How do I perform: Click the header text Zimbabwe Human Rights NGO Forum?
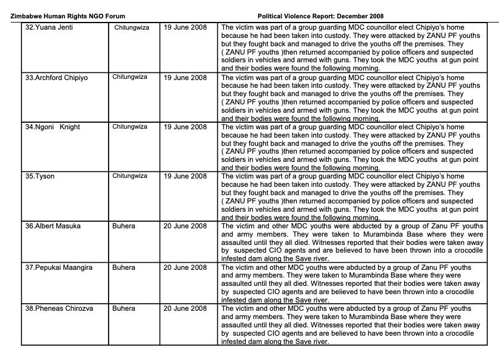(68, 16)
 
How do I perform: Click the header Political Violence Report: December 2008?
(324, 16)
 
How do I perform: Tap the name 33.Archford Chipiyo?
(56, 78)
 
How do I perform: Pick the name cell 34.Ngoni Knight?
(52, 127)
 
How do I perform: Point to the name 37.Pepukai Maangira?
(59, 267)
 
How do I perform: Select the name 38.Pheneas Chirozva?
(59, 308)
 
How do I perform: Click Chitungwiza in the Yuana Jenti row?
(132, 28)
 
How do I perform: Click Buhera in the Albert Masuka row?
(123, 226)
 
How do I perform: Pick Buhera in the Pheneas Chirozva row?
(123, 308)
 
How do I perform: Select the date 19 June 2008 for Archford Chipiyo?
(185, 78)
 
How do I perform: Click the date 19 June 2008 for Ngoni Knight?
(185, 127)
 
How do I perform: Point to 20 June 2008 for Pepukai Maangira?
(185, 267)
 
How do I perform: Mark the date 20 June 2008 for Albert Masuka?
(185, 226)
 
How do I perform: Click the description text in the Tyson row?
(351, 197)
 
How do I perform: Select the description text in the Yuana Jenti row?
(351, 48)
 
